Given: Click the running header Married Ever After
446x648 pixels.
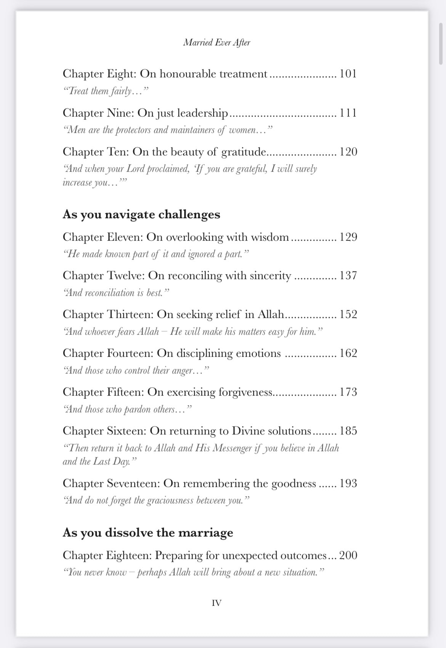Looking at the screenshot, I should tap(217, 42).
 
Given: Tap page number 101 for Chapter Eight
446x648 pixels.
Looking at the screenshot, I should tap(348, 73).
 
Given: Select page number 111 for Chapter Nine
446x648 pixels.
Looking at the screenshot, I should tap(348, 113).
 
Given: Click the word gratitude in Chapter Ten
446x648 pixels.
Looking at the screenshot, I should tap(244, 152).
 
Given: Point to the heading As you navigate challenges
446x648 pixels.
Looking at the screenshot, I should tap(141, 214).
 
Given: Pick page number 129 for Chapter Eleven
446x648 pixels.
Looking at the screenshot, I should tap(348, 237).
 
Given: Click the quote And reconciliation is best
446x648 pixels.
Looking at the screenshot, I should tap(116, 293).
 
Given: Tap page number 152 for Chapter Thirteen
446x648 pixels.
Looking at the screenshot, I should tap(348, 314).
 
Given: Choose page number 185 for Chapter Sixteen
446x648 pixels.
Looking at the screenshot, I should tap(348, 431).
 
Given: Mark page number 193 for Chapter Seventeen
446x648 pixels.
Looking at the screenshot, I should tap(348, 484).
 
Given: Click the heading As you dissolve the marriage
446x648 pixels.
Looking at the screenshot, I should tap(148, 532).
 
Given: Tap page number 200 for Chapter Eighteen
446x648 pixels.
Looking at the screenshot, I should tap(348, 555).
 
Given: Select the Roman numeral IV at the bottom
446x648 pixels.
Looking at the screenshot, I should tap(217, 603).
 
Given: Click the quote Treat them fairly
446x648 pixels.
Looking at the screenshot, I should tap(105, 91).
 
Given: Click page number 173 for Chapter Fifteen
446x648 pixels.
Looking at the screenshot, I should tap(348, 392).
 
